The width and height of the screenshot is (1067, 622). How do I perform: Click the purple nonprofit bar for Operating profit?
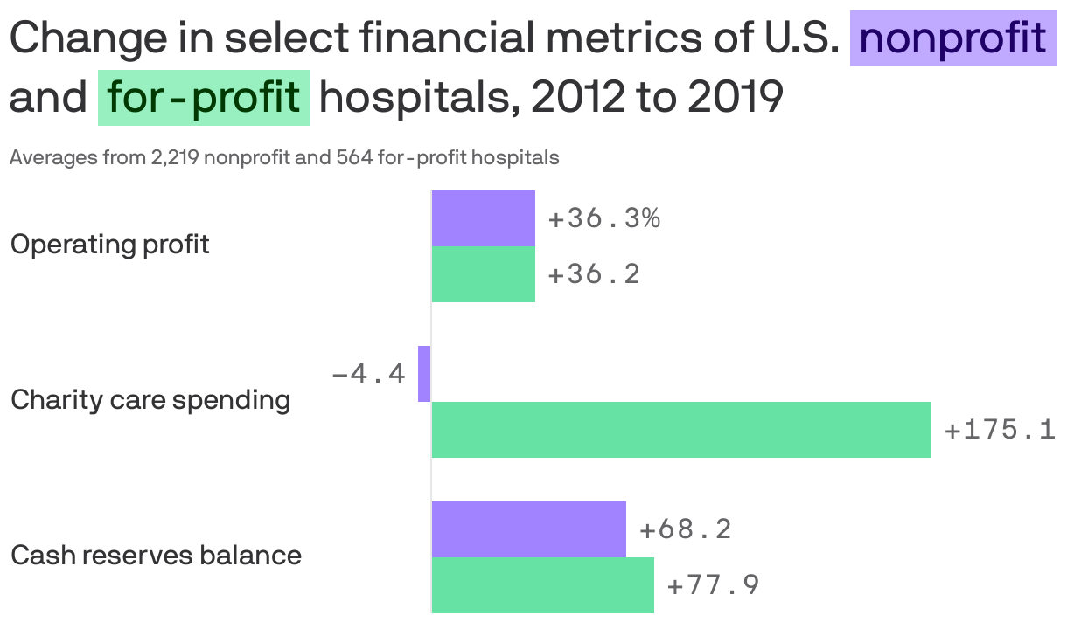point(483,218)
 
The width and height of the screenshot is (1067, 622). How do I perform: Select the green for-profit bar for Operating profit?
point(483,274)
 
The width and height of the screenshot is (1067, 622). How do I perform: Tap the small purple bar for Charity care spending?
point(424,374)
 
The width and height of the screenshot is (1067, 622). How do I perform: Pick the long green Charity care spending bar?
point(680,430)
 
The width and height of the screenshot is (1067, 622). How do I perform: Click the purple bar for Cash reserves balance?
point(528,529)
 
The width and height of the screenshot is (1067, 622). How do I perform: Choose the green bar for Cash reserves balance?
point(542,585)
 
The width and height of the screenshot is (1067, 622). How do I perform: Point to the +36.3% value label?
point(603,218)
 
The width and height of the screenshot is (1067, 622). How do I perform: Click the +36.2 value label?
point(594,274)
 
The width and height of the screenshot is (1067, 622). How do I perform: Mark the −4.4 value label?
point(368,374)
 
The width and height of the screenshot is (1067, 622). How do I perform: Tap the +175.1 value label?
point(1001,430)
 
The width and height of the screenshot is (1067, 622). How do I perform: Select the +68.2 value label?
point(686,529)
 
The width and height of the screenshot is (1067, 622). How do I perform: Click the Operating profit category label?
point(109,245)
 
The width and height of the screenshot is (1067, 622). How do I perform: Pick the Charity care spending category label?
point(150,400)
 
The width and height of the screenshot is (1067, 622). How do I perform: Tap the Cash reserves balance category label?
point(156,556)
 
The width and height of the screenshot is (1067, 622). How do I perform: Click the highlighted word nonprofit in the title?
point(952,38)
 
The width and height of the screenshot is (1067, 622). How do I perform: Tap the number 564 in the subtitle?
point(355,158)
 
